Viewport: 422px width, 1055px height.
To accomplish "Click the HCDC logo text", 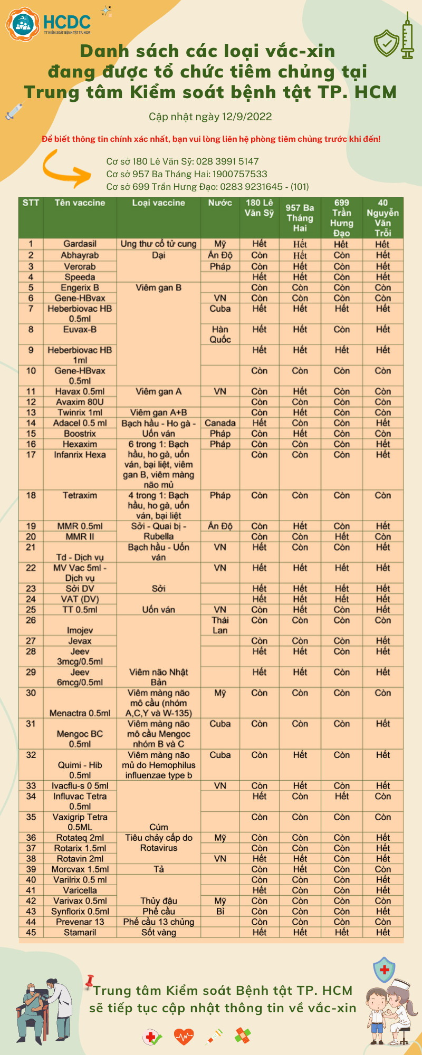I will (x=66, y=22).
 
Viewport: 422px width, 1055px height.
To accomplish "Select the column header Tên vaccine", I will (x=80, y=203).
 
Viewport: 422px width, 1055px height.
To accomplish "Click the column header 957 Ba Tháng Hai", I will (x=300, y=218).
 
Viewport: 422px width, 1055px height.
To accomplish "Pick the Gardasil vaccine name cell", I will (x=80, y=244).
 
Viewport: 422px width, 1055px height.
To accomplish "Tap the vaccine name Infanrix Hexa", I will (x=80, y=455).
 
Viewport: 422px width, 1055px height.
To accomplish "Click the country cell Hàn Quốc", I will (x=220, y=334).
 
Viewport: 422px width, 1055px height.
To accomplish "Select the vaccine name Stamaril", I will (x=80, y=933).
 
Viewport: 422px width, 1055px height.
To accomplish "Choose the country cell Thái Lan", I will (x=220, y=625).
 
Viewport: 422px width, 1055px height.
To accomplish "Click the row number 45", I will (x=31, y=933).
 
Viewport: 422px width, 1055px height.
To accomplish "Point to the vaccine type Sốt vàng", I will (x=158, y=933).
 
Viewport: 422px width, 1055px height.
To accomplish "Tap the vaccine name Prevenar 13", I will (x=80, y=922).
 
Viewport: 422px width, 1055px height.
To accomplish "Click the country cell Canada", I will (x=220, y=423).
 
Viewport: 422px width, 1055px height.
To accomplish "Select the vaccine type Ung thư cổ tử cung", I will (x=158, y=244).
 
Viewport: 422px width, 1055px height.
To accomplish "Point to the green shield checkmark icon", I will (x=387, y=43).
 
